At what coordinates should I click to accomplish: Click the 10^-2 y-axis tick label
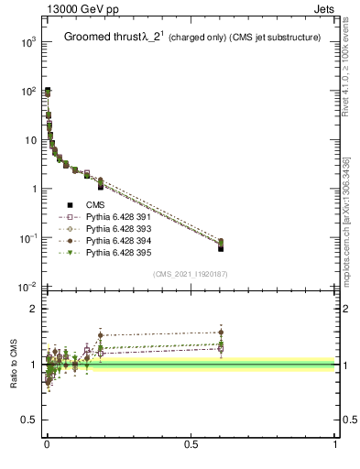tap(25, 288)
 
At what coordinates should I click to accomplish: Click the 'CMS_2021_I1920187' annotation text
tap(191, 274)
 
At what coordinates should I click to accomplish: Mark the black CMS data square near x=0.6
tap(221, 247)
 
